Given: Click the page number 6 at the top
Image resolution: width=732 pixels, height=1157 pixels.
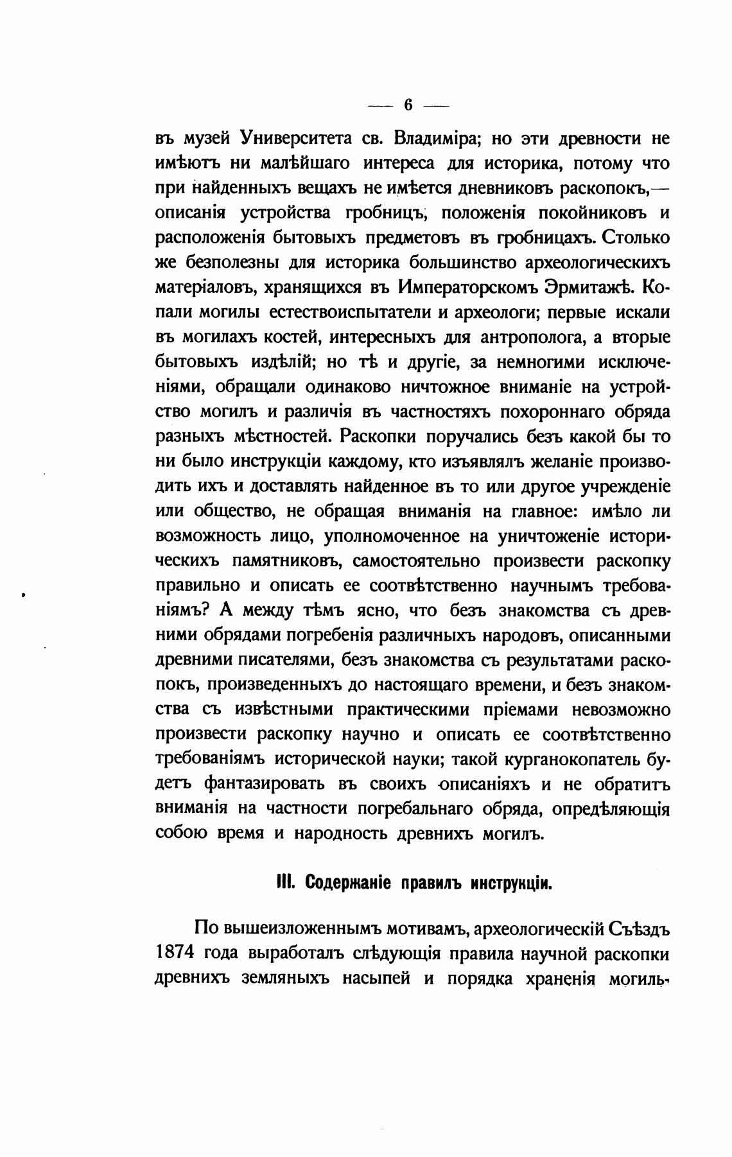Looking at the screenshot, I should point(408,105).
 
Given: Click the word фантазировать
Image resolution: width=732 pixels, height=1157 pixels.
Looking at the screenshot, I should point(265,785).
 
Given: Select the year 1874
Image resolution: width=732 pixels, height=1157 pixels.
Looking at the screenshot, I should point(175,954).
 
